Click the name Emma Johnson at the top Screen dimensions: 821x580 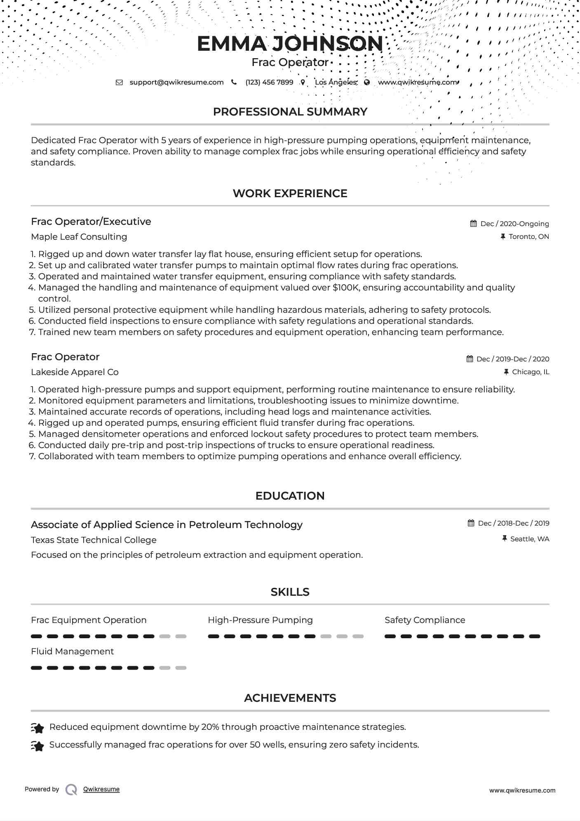(290, 44)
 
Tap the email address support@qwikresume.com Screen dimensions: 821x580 (176, 82)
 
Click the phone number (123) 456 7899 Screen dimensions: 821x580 (269, 82)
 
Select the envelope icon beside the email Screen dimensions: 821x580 (119, 83)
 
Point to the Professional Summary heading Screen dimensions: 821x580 (290, 112)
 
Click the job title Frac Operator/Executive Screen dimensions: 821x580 (91, 222)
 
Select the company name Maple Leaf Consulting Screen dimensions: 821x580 (79, 237)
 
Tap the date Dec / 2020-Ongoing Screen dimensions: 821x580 (514, 224)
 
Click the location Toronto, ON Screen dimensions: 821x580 (528, 236)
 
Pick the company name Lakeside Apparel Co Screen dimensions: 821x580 (75, 372)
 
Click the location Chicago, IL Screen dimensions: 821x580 (530, 372)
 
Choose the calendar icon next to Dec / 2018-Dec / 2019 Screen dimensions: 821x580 (471, 523)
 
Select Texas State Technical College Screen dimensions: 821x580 (94, 540)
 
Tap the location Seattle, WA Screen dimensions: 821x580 (529, 539)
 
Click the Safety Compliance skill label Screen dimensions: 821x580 (425, 620)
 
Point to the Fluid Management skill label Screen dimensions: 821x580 (72, 651)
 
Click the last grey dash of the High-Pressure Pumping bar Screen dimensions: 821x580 (358, 636)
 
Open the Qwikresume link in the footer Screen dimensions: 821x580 (101, 789)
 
